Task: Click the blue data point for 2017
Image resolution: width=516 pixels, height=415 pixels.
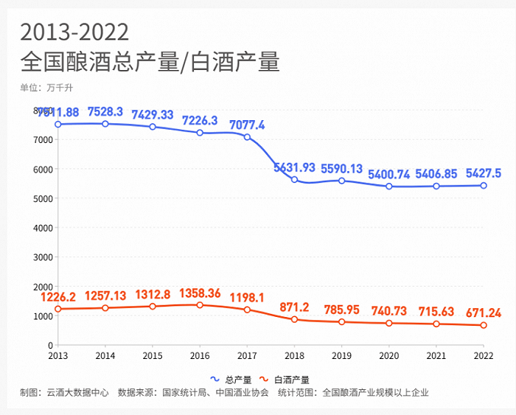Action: [x=247, y=137]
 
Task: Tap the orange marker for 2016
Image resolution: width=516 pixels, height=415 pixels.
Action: [x=200, y=305]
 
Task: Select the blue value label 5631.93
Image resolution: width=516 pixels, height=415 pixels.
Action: [x=294, y=167]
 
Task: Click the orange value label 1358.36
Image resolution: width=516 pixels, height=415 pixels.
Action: [x=200, y=293]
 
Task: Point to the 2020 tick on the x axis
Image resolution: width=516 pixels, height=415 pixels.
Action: [x=389, y=355]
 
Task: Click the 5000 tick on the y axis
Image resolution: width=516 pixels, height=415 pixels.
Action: [x=43, y=198]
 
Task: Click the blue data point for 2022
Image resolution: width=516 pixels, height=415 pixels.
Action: [x=484, y=185]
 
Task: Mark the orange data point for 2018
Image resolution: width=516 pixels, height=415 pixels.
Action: [x=294, y=319]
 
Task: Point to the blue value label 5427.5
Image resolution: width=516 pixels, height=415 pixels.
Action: [x=484, y=173]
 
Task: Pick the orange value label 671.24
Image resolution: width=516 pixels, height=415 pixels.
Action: [x=484, y=313]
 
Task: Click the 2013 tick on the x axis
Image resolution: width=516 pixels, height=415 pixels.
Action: [x=57, y=355]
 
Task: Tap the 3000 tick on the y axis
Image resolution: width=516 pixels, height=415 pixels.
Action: [x=43, y=257]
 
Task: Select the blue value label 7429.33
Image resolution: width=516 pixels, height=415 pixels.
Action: [x=153, y=115]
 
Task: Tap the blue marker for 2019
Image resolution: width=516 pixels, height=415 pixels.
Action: [x=341, y=181]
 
